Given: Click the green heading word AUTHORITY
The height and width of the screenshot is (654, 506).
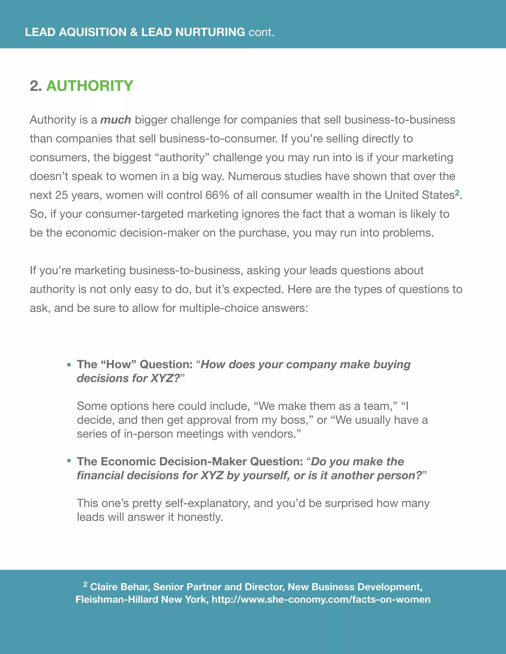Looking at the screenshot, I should coord(90,86).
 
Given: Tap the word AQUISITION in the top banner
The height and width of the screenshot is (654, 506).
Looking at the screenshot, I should coord(93,32).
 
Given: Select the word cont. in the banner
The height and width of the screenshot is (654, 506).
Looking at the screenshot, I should coord(261,32).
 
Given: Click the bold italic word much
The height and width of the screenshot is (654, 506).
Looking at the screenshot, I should coord(115,120).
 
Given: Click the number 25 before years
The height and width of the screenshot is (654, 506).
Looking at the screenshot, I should coord(62,195).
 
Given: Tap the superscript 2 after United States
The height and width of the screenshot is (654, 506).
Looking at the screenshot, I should coord(457,192).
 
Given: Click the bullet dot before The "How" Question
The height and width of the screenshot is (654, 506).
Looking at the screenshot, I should coord(69,365).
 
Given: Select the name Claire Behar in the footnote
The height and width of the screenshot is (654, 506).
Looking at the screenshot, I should coord(120,587).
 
